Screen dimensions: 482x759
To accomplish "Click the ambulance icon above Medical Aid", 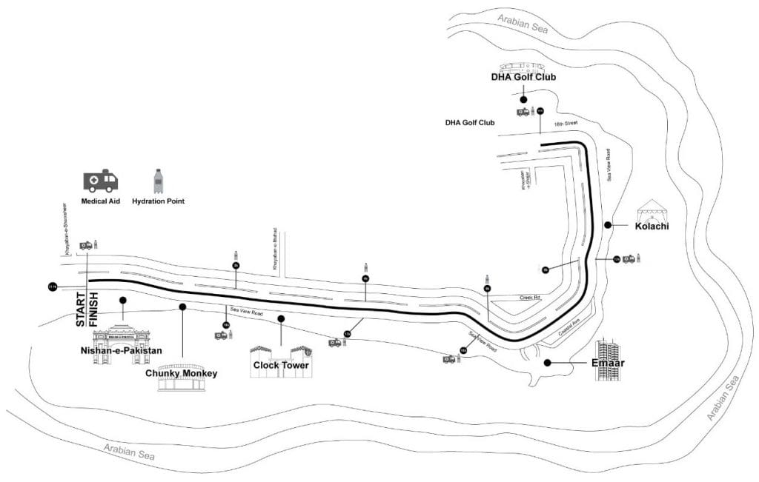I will (100, 181).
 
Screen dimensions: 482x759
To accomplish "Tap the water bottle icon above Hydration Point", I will (157, 181).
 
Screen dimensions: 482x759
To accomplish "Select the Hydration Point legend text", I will (158, 201).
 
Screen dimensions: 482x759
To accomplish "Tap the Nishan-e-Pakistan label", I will (121, 350).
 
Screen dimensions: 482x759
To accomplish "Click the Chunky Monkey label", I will (181, 373).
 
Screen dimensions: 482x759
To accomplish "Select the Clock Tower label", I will (281, 365).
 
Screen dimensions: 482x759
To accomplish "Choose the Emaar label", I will (607, 363).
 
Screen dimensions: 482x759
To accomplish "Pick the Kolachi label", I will (652, 226).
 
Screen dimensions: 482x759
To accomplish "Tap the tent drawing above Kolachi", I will (652, 211).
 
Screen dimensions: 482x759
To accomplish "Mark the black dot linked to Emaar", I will (547, 362).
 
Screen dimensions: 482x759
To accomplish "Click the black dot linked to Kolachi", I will (608, 225).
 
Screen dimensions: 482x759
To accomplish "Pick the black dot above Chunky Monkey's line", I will (182, 306).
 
